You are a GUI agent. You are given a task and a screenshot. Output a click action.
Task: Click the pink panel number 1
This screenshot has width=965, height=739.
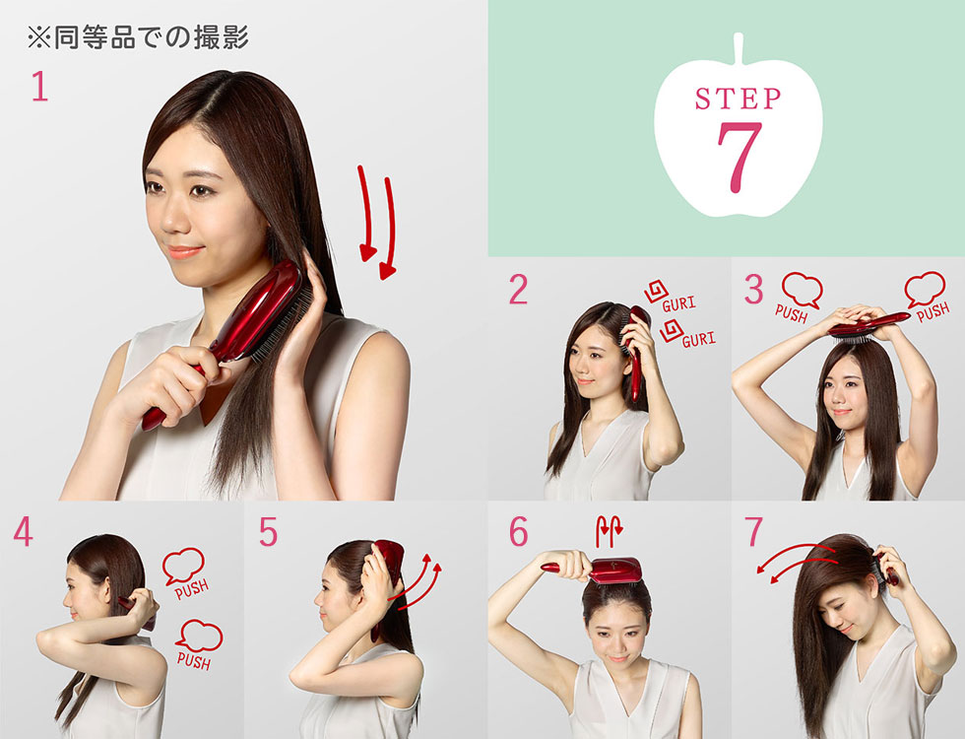[39, 88]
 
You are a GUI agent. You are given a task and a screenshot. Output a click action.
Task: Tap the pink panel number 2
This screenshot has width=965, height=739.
[518, 290]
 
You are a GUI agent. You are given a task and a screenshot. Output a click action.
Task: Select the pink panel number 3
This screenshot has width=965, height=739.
[753, 290]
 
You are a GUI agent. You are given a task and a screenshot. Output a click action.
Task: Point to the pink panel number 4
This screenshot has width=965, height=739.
[23, 532]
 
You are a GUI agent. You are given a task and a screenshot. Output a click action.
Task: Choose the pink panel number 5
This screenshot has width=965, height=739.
[268, 532]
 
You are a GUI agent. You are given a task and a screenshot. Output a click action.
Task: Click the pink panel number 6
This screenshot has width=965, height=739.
[518, 532]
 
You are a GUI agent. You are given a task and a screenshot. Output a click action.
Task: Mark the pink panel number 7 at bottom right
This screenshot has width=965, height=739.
[753, 532]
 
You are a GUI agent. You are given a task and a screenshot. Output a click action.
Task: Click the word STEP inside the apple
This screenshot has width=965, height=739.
[738, 100]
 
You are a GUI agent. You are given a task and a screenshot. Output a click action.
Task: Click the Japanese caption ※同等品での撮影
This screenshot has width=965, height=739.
[137, 37]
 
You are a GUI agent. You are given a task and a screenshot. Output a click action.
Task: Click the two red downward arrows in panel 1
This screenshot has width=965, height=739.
[376, 222]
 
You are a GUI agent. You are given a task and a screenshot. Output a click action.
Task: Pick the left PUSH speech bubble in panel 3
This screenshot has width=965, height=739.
[801, 289]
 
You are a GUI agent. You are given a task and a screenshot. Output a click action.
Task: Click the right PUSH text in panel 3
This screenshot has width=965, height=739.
[933, 309]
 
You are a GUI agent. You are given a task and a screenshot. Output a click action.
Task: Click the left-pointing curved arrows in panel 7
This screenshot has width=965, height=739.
[798, 558]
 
